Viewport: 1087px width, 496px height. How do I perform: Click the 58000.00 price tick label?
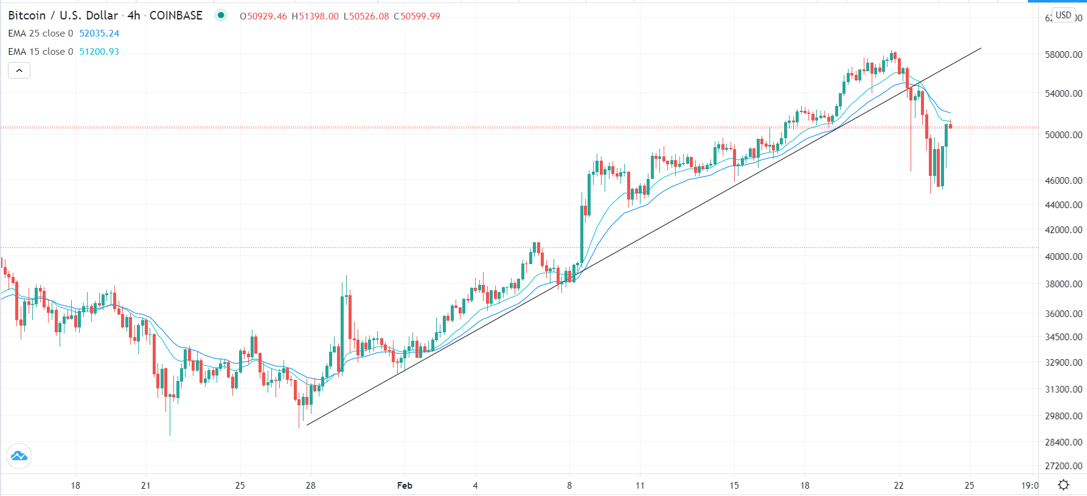[x=1063, y=54]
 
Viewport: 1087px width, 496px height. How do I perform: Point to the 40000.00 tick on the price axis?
[x=1063, y=256]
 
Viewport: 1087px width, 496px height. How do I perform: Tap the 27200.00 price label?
[x=1063, y=466]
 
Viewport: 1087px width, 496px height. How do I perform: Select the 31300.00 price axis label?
[x=1063, y=389]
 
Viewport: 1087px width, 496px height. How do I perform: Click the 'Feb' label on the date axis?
[x=405, y=485]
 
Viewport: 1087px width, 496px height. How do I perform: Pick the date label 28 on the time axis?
[x=311, y=485]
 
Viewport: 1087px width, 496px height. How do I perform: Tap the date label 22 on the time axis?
[x=898, y=485]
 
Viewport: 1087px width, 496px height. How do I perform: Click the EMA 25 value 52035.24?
[x=99, y=33]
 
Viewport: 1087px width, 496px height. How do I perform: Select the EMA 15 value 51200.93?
[x=99, y=52]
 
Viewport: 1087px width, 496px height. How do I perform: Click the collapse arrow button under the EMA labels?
[x=19, y=71]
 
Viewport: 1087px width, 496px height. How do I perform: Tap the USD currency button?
[x=1063, y=15]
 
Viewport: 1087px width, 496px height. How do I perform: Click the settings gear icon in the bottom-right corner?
[x=1063, y=485]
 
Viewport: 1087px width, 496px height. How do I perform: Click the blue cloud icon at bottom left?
[x=19, y=456]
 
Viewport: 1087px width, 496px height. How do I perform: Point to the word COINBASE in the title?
[x=176, y=16]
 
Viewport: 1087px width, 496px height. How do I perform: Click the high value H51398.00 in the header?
[x=315, y=16]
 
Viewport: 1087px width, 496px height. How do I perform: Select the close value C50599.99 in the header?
[x=417, y=16]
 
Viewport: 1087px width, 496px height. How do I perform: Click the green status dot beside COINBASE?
[x=221, y=15]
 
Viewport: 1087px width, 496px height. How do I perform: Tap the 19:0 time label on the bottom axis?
[x=1029, y=485]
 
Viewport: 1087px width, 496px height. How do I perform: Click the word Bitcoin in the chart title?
[x=27, y=16]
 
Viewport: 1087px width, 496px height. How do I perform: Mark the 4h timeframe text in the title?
[x=134, y=16]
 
